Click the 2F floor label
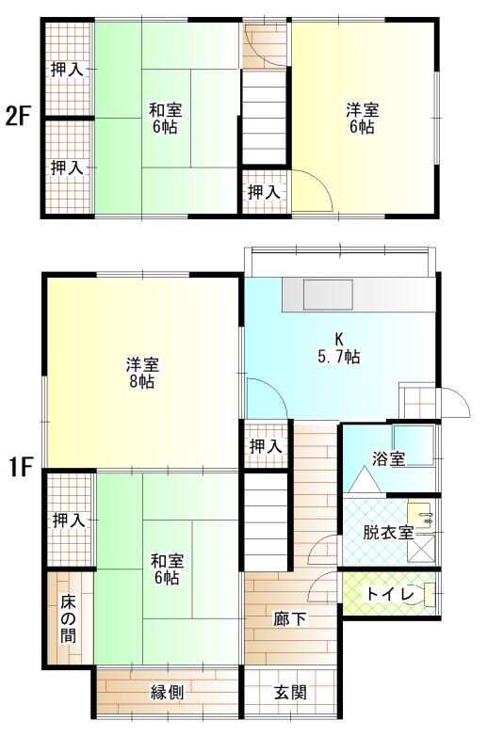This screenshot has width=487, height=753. [x=18, y=118]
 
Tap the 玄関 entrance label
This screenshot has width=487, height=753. [x=290, y=694]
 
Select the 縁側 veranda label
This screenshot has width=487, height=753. [x=167, y=693]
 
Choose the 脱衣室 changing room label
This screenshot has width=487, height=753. [x=388, y=532]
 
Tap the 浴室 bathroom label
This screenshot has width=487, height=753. [x=388, y=459]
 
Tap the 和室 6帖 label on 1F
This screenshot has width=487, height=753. [x=165, y=568]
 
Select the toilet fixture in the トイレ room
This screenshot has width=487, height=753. [x=428, y=594]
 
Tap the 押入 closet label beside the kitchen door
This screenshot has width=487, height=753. [x=264, y=447]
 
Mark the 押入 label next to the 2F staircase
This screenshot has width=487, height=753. [x=264, y=192]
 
